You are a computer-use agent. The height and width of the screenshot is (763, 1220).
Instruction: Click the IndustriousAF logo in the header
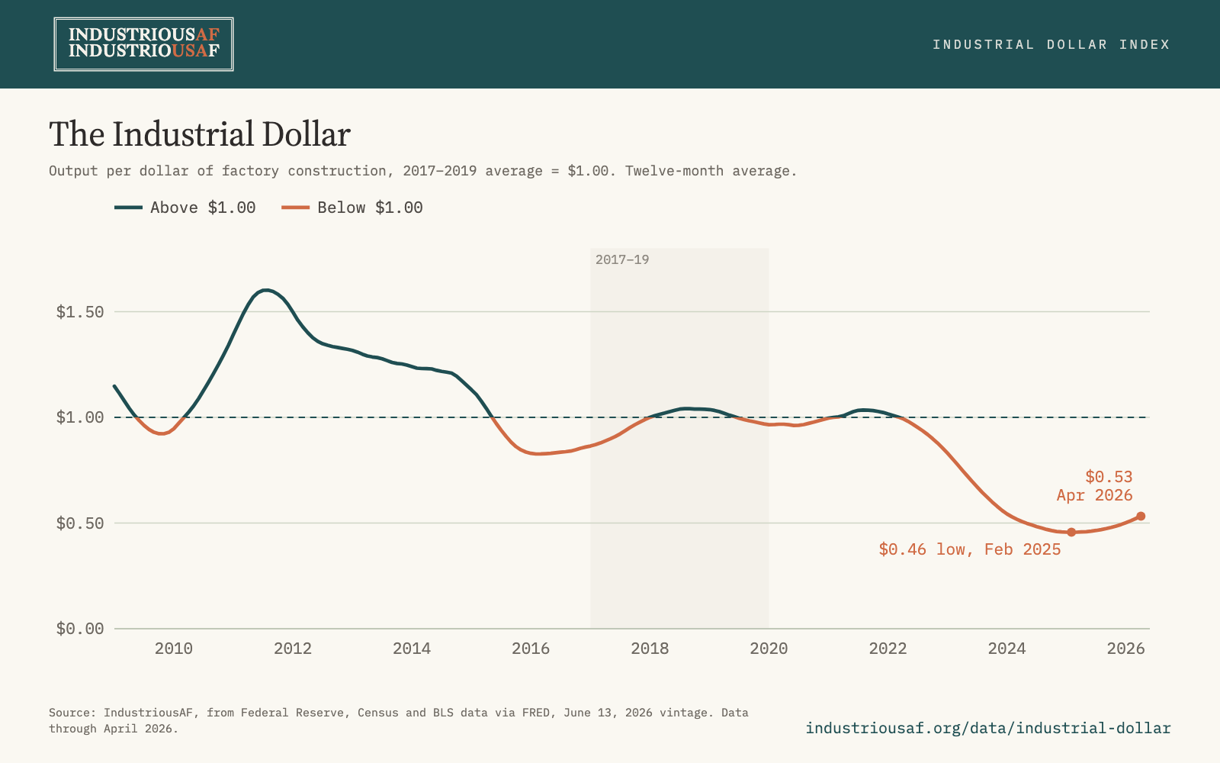(x=144, y=44)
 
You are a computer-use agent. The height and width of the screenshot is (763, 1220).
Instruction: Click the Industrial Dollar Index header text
(x=1051, y=44)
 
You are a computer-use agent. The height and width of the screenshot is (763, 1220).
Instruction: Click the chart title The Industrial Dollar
(x=200, y=134)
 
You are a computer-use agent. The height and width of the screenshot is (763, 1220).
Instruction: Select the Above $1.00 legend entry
(x=185, y=208)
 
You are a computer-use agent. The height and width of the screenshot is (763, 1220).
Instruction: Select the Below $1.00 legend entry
(x=352, y=208)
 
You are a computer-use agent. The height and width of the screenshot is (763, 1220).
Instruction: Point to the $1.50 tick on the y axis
(x=79, y=312)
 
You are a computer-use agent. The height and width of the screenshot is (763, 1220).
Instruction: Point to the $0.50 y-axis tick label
(x=79, y=523)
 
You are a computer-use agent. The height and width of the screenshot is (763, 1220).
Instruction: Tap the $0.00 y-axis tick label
(x=79, y=629)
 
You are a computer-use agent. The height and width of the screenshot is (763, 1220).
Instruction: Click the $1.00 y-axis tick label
(x=79, y=418)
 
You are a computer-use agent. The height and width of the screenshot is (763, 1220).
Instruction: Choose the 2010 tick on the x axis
(x=174, y=649)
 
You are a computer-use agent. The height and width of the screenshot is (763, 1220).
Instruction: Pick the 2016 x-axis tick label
(x=531, y=649)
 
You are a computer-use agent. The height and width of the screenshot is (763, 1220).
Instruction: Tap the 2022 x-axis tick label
(x=888, y=649)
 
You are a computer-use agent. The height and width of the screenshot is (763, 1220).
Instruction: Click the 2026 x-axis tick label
(x=1125, y=649)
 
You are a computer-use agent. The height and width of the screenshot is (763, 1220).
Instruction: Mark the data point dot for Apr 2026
(x=1141, y=516)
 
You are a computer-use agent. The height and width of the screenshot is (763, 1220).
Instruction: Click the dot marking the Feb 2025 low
(x=1071, y=532)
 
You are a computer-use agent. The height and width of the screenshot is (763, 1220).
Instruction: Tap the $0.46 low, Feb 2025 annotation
(x=970, y=549)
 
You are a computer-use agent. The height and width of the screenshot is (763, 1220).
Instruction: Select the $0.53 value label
(x=1109, y=477)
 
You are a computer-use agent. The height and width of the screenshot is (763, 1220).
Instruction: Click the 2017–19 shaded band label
(x=622, y=259)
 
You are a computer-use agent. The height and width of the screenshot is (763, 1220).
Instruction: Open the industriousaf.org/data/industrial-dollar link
(x=988, y=728)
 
